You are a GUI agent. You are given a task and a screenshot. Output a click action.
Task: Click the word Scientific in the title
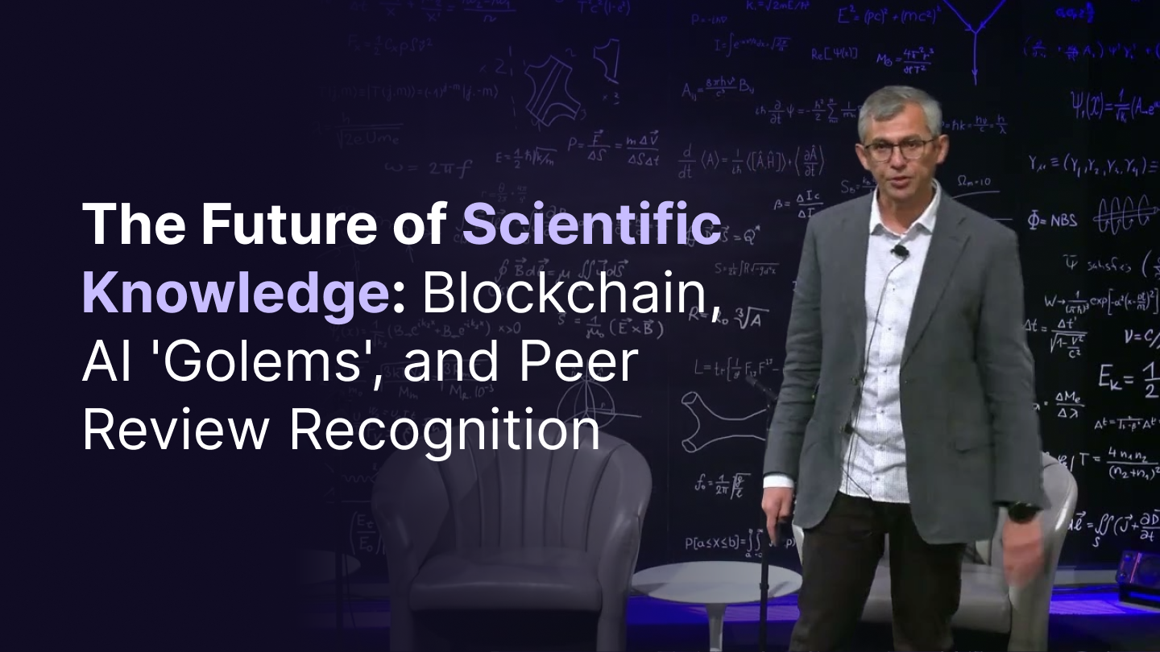coord(590,226)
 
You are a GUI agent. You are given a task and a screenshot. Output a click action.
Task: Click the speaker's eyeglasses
coord(899,148)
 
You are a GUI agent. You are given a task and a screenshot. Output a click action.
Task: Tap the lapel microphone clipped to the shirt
coord(900,251)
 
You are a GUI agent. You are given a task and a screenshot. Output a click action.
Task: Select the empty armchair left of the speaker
coord(516,531)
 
